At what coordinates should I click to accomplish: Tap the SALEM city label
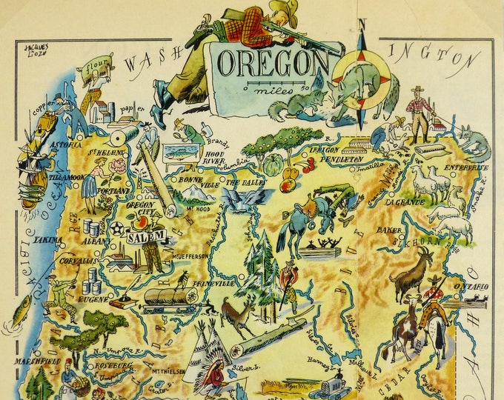click(146, 238)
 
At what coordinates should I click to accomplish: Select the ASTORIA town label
click(65, 144)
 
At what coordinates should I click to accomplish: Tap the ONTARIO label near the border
click(471, 286)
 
